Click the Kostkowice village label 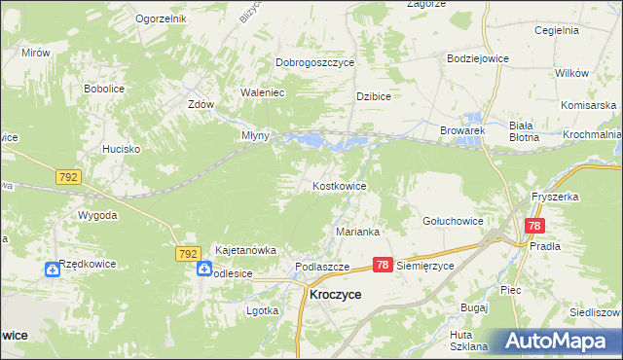click(339, 185)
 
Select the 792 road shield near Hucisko click(68, 177)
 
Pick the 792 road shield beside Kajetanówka click(189, 253)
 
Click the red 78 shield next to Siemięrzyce click(383, 265)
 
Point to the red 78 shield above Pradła click(533, 226)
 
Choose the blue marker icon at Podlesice click(203, 270)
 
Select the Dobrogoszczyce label click(314, 62)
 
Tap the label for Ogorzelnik click(161, 18)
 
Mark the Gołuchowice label click(453, 221)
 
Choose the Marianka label click(357, 232)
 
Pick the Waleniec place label click(262, 93)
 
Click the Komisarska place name click(589, 104)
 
